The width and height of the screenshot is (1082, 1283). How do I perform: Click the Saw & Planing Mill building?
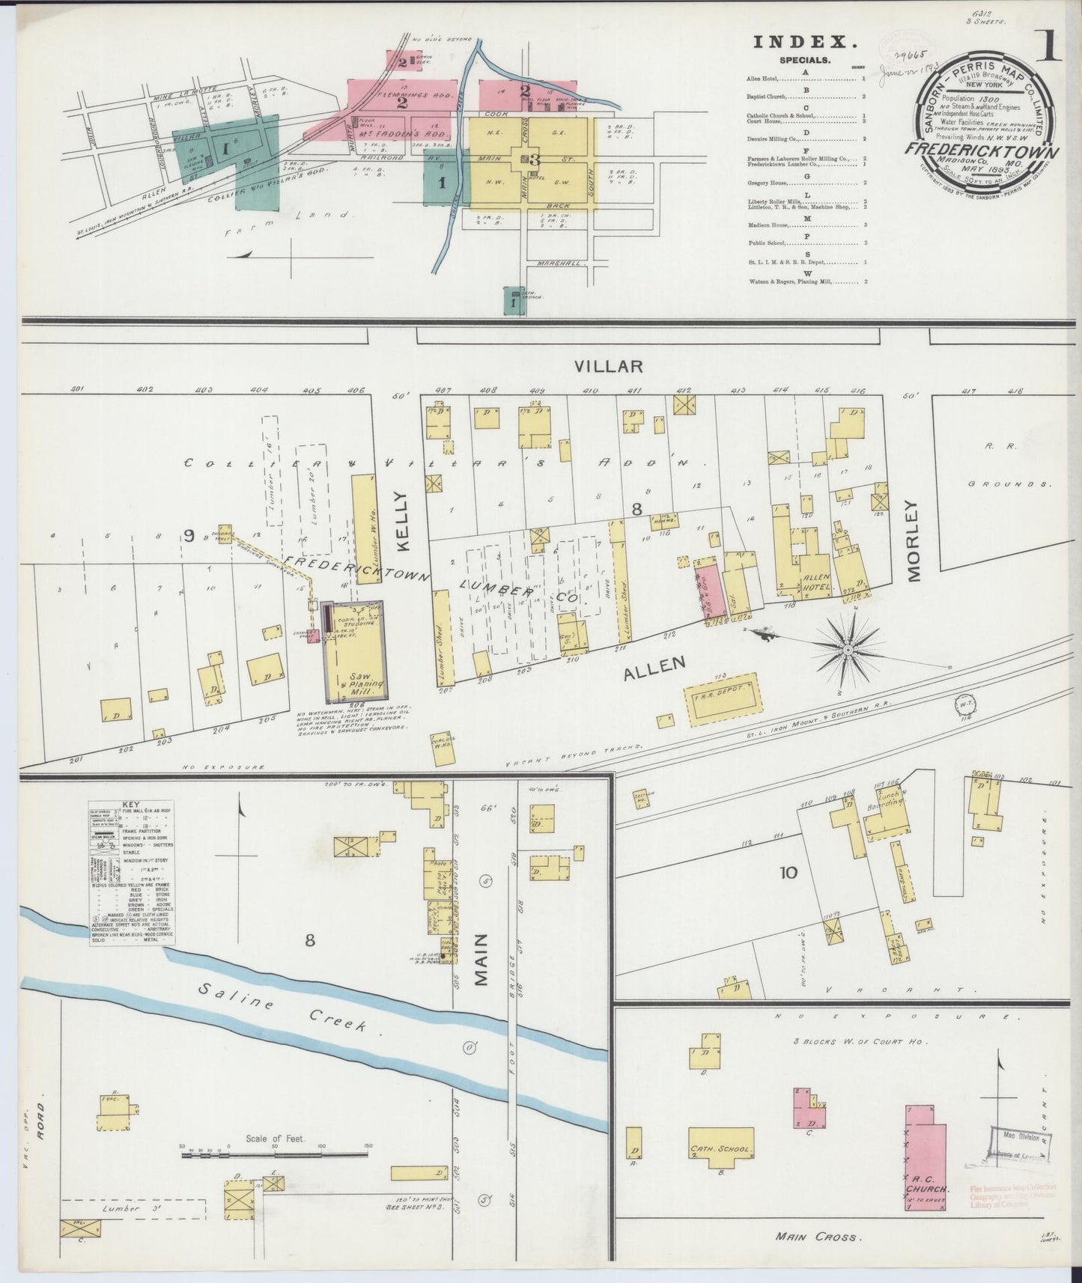(354, 650)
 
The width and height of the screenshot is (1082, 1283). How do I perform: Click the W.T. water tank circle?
(962, 704)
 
